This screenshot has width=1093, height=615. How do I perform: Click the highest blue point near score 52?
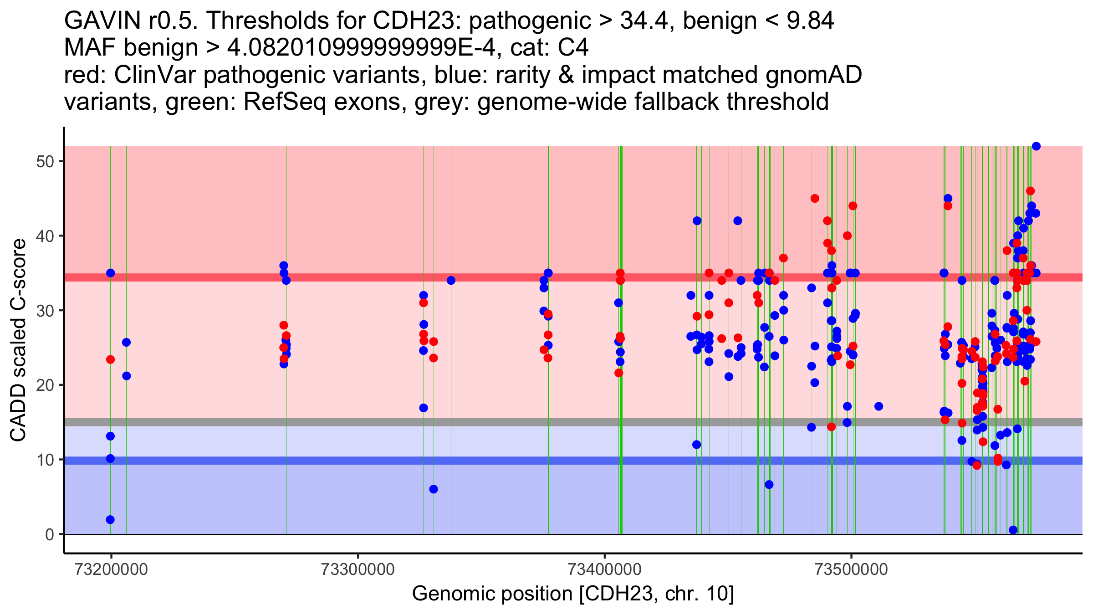click(x=1036, y=146)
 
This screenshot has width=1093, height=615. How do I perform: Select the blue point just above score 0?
click(x=1013, y=530)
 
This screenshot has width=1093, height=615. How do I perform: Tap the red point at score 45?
click(x=815, y=199)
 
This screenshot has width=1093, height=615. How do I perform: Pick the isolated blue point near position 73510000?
click(x=879, y=406)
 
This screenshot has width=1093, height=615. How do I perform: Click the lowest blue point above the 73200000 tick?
click(x=110, y=520)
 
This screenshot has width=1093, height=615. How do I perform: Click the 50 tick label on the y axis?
click(x=45, y=162)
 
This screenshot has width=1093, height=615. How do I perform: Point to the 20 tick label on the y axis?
click(x=45, y=385)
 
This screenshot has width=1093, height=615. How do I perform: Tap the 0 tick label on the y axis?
click(x=50, y=534)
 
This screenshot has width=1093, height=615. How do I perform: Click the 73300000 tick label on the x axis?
click(x=358, y=569)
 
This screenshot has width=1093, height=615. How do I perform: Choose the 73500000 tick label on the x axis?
click(x=851, y=569)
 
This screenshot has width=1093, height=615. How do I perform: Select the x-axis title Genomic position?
click(x=573, y=594)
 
